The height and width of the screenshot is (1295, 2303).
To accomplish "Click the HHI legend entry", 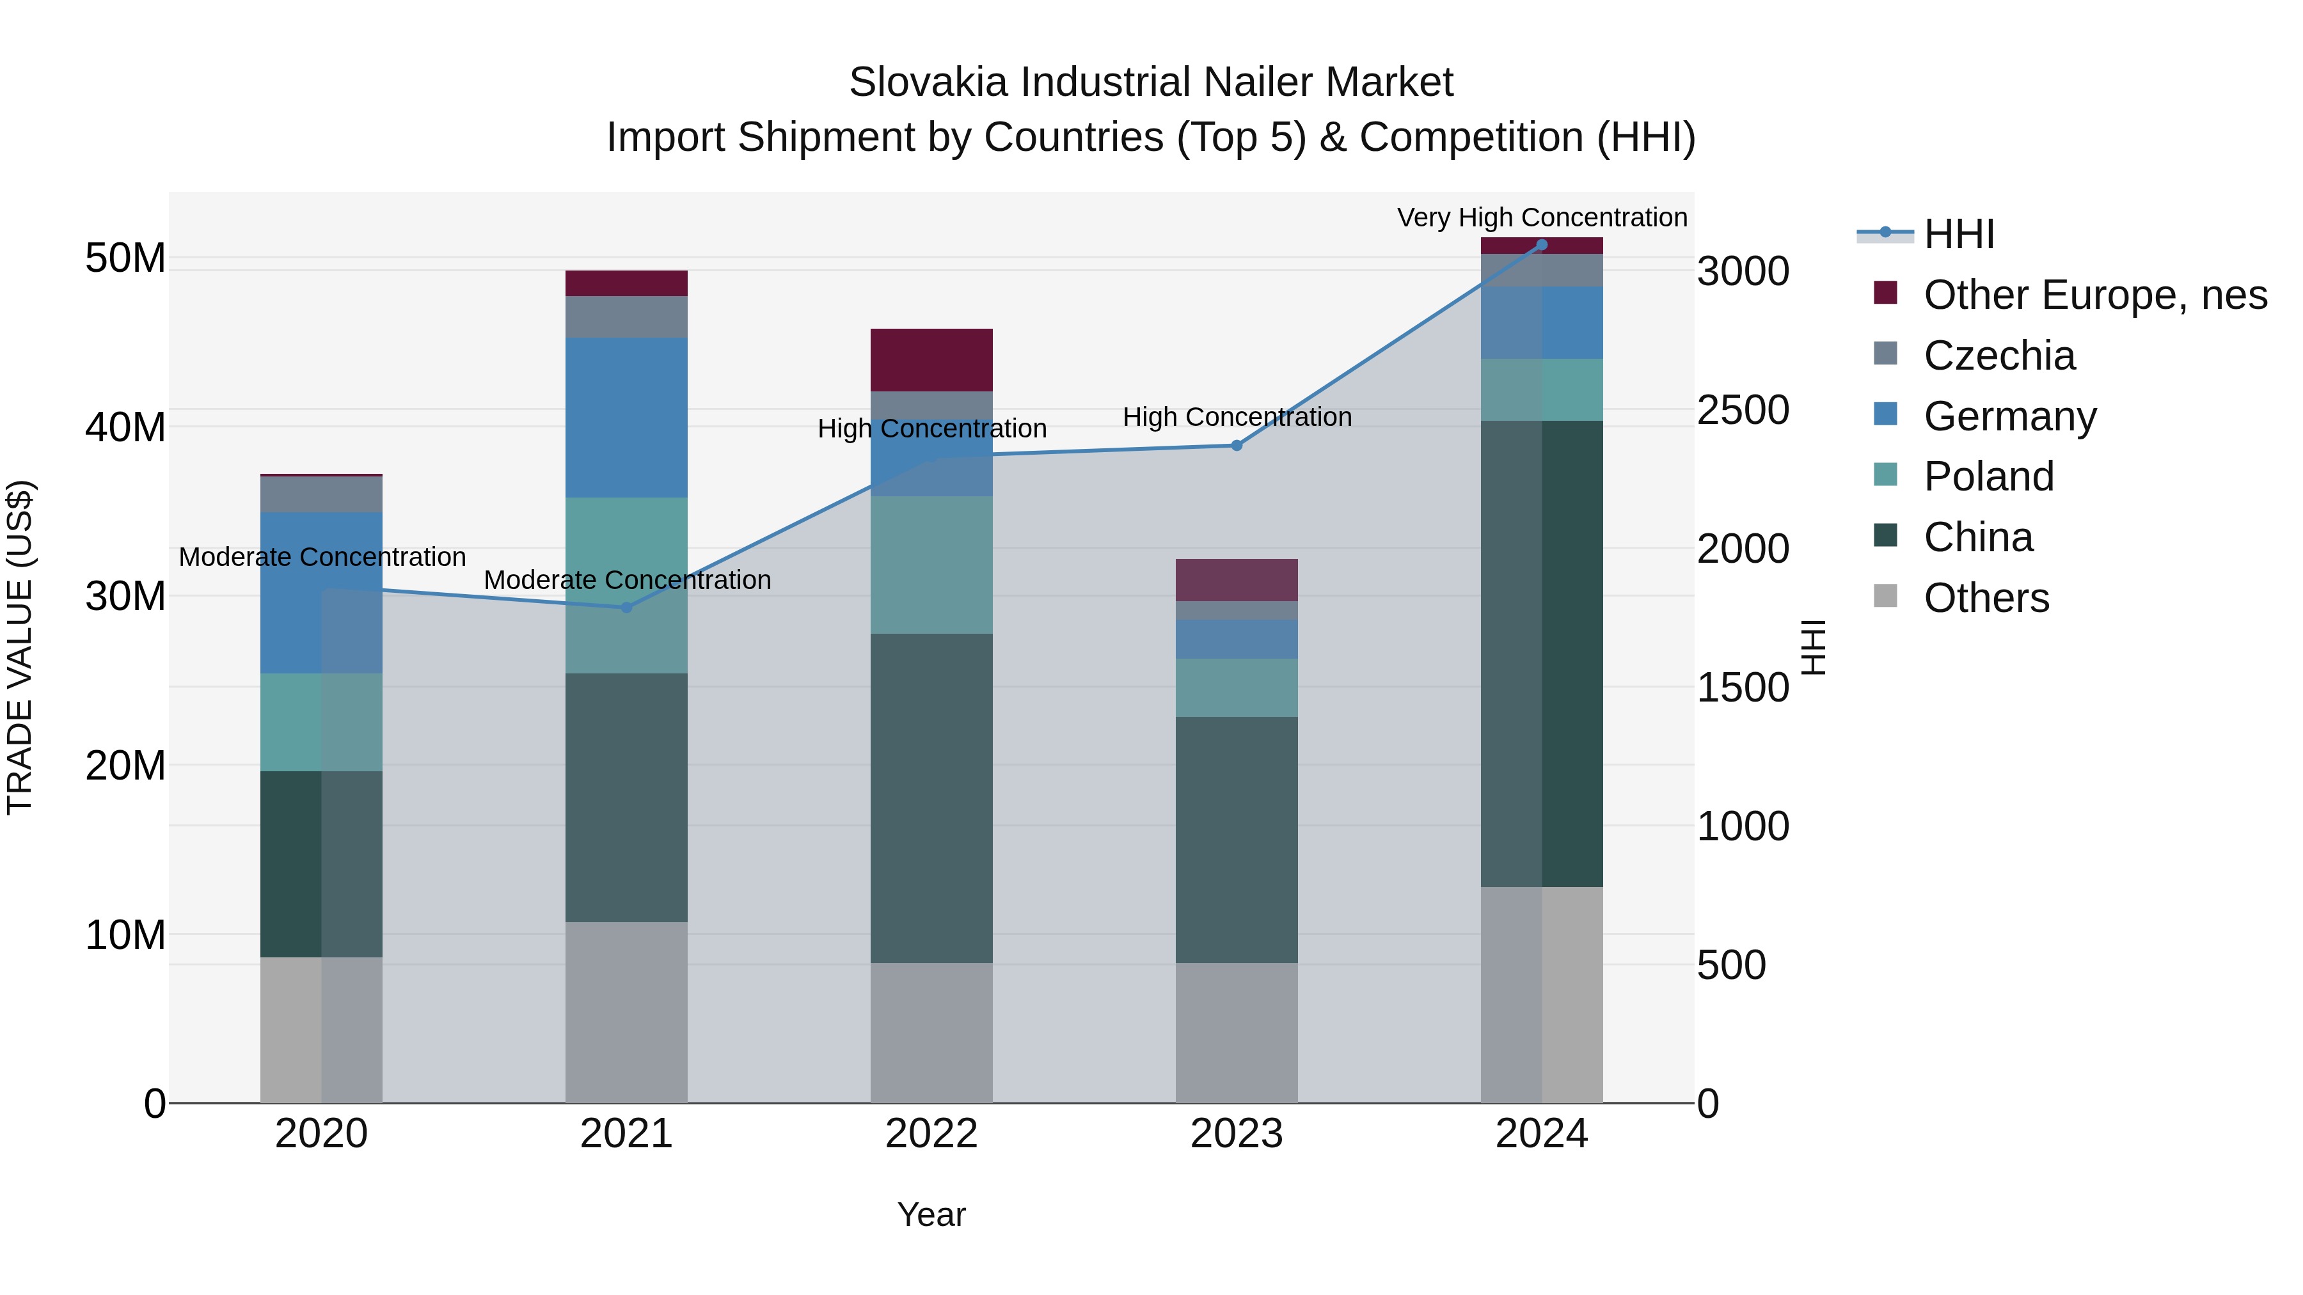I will point(1958,234).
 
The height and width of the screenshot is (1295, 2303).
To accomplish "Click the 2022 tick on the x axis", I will point(931,1134).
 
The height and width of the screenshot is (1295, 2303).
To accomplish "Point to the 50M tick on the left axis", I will point(125,258).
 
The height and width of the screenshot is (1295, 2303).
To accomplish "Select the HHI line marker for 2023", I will point(1237,445).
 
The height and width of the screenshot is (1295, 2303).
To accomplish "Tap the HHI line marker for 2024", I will point(1541,245).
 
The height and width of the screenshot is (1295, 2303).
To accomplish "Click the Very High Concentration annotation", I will point(1541,217).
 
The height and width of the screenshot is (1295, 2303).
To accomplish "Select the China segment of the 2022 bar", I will point(931,797).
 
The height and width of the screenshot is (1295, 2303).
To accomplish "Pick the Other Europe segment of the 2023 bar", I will point(1237,580).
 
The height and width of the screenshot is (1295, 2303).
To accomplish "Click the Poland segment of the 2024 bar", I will point(1541,389).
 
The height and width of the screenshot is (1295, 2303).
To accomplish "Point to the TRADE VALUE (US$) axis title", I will point(20,647).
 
